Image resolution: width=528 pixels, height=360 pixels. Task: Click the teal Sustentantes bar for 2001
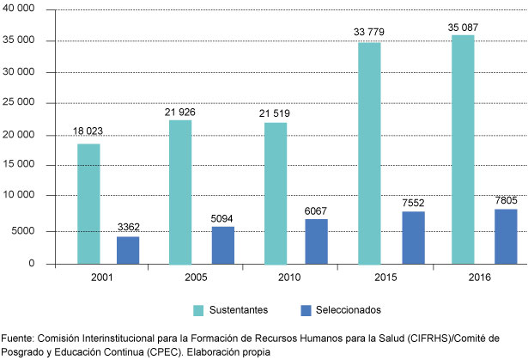(88, 204)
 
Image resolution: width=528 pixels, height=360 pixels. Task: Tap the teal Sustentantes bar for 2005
(180, 192)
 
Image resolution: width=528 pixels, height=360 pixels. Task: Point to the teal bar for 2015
(368, 153)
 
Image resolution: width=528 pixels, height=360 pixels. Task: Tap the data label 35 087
(464, 27)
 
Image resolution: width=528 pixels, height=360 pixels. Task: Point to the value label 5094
(224, 218)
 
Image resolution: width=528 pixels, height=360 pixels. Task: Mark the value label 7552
(411, 203)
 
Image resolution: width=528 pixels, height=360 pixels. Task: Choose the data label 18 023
(88, 132)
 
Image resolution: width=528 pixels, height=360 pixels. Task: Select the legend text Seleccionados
(347, 309)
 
